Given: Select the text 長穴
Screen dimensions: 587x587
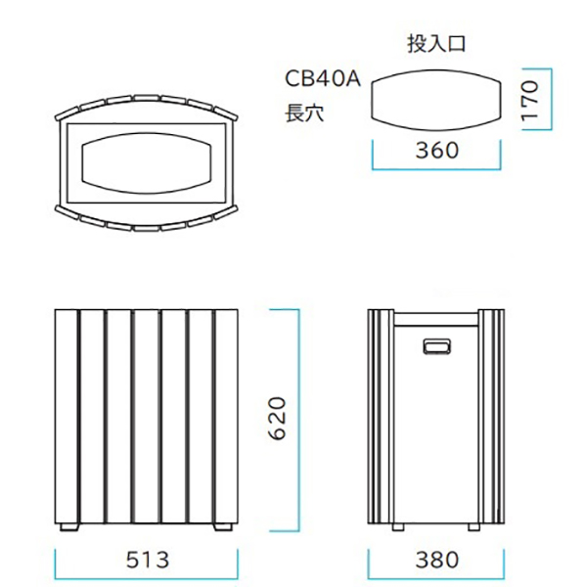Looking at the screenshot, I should pos(303,113).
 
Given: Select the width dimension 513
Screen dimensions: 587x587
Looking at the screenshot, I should pos(148,560).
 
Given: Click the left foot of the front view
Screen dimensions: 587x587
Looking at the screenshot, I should pos(69,527).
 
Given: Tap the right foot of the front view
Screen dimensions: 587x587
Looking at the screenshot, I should pos(223,527).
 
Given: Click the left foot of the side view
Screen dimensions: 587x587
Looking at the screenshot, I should pos(395,527).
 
